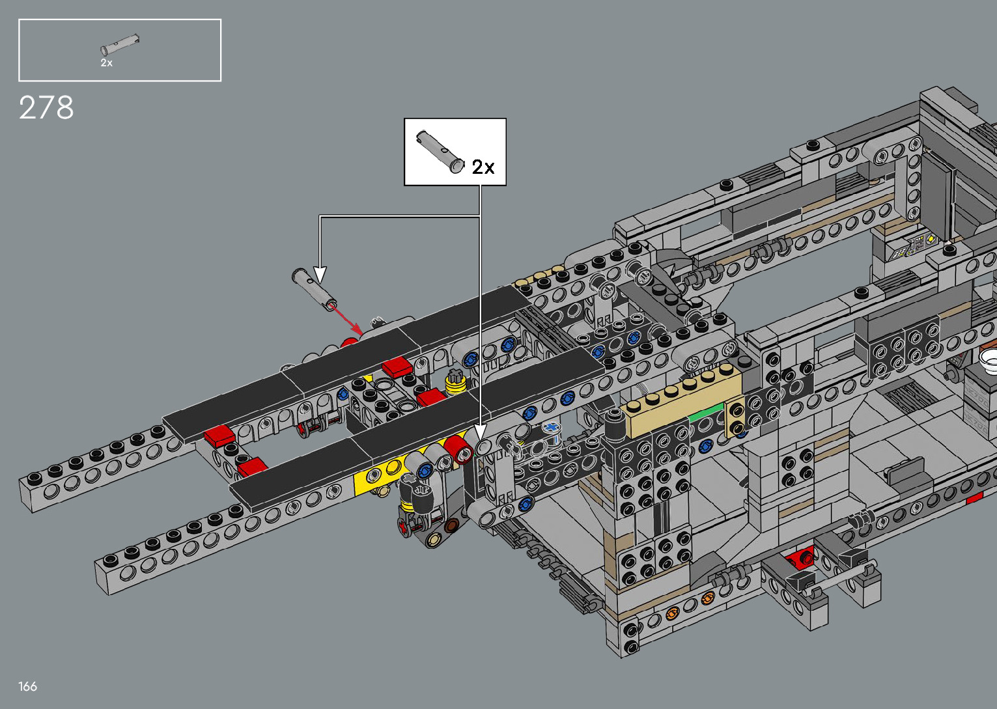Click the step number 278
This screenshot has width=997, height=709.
click(x=46, y=107)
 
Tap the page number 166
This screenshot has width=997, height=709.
click(x=27, y=686)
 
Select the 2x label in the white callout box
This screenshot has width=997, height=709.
click(x=483, y=167)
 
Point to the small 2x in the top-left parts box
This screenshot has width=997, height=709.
click(x=106, y=63)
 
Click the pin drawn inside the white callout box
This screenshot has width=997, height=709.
click(x=440, y=151)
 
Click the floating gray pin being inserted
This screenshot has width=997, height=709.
click(x=315, y=290)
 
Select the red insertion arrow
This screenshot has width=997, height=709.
click(x=346, y=320)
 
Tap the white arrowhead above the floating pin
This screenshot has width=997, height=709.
click(x=320, y=274)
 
